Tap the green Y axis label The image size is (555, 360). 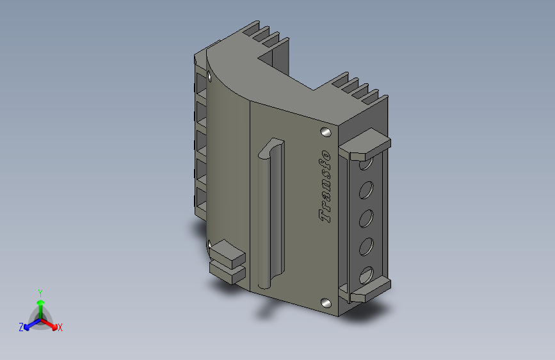click(x=40, y=293)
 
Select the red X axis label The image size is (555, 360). click(x=60, y=328)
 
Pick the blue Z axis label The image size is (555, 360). click(x=21, y=327)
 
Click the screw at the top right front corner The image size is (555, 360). click(x=326, y=133)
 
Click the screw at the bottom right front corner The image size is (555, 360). click(x=326, y=303)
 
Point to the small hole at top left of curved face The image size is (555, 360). click(x=209, y=76)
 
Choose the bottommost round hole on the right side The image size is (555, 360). click(x=366, y=275)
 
